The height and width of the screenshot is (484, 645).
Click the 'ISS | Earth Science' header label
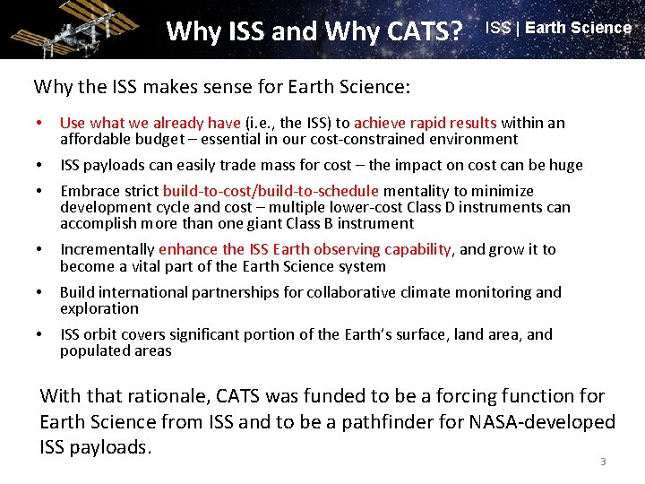click(x=558, y=28)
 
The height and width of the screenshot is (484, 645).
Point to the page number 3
click(x=603, y=462)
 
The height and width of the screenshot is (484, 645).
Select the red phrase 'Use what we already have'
click(x=150, y=123)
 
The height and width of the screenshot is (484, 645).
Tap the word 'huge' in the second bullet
click(x=563, y=165)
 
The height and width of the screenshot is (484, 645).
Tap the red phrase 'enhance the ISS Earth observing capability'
click(x=309, y=249)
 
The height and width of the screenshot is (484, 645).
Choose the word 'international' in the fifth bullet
click(x=141, y=292)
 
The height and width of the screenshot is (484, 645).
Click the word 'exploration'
click(x=99, y=308)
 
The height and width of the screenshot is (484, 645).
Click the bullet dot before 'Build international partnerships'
click(x=41, y=292)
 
